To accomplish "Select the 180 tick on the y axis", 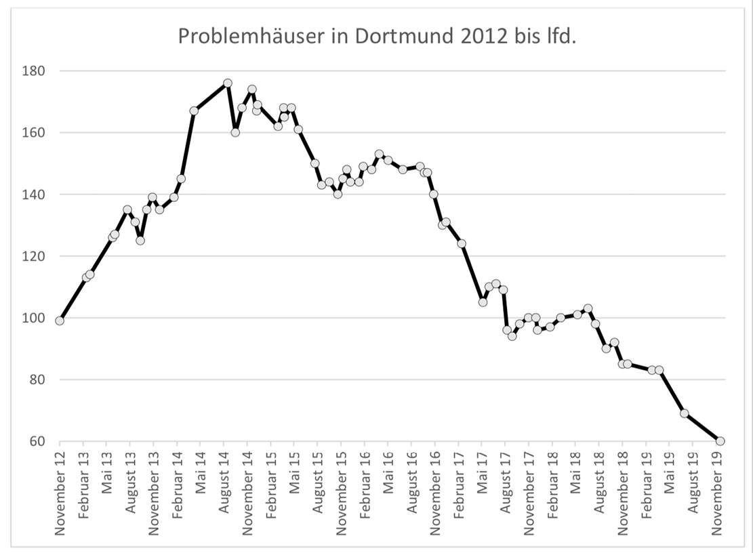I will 34,71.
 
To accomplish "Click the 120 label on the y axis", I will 34,257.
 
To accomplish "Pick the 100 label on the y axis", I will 34,319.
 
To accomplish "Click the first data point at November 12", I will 60,321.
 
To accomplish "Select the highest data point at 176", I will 228,83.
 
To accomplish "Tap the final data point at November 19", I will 720,441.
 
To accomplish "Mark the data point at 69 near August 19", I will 684,413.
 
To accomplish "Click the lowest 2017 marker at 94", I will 512,336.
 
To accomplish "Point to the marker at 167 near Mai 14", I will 194,110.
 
